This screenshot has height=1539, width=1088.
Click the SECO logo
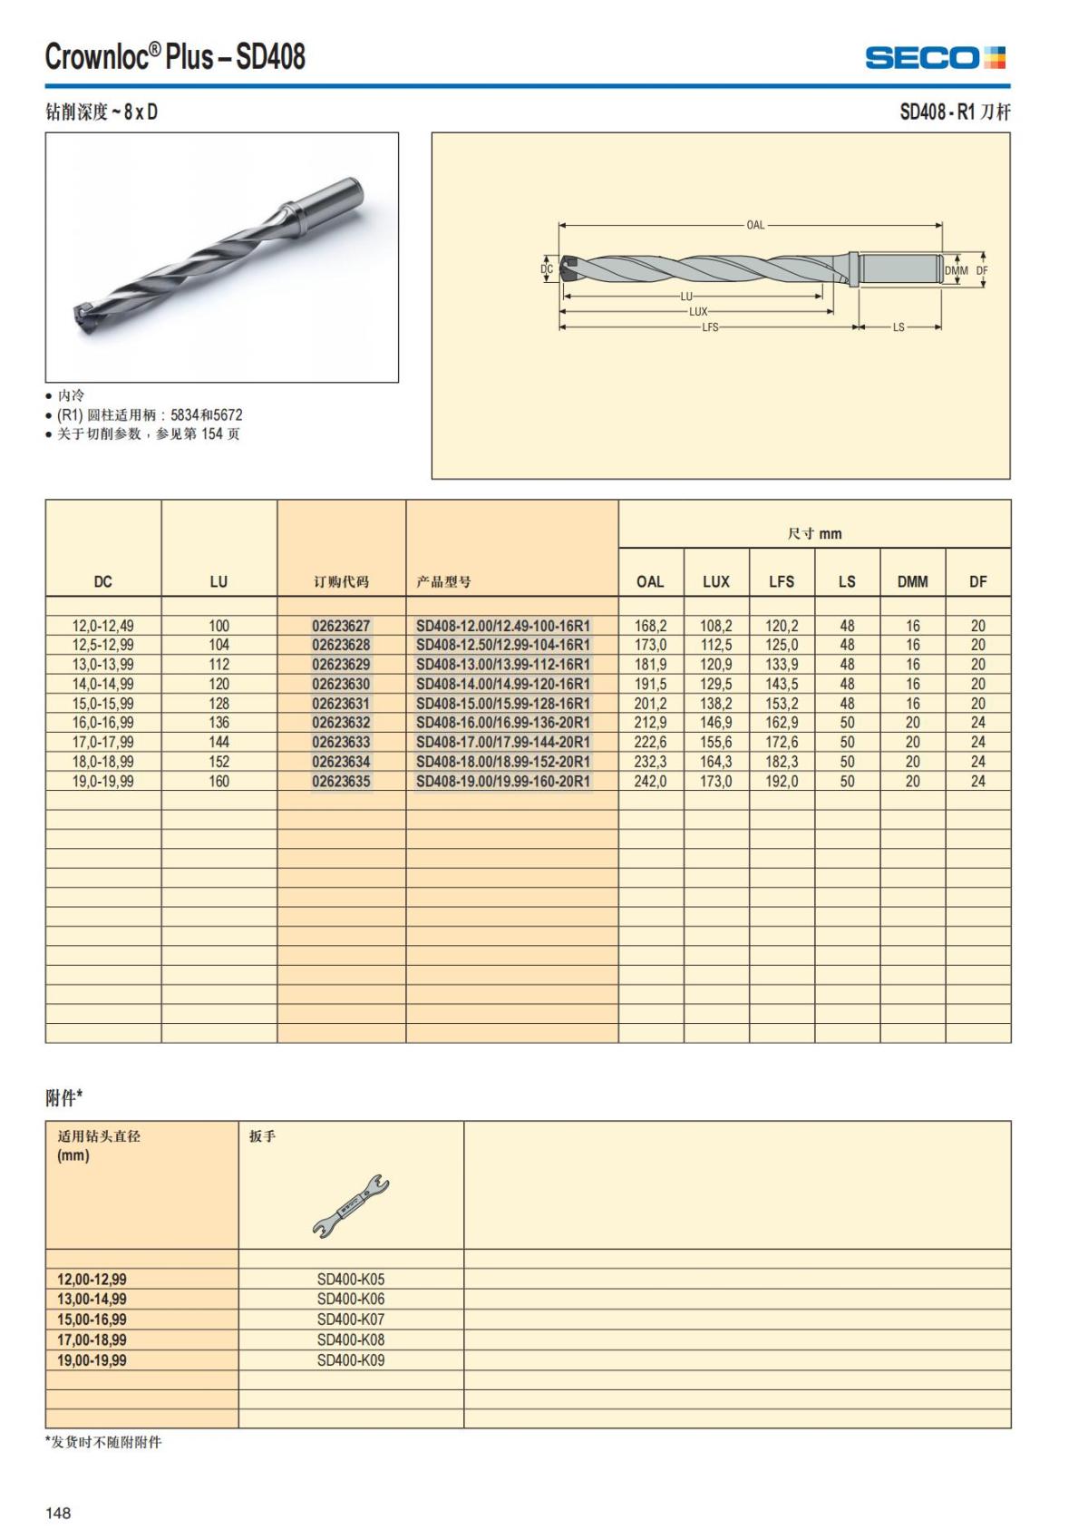(x=935, y=58)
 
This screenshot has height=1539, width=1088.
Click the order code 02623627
(x=341, y=626)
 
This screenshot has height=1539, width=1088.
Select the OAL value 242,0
(x=650, y=781)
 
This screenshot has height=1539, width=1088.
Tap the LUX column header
(x=716, y=581)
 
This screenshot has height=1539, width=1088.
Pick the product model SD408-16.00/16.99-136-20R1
(x=503, y=723)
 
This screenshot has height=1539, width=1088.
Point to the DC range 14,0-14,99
(x=103, y=684)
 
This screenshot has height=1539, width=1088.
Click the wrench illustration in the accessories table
(x=351, y=1206)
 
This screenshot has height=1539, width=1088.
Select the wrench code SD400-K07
(x=351, y=1320)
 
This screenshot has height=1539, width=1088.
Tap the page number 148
(x=58, y=1513)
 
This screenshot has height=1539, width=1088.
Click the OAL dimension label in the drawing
(x=755, y=225)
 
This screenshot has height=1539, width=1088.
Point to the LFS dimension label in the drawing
(x=710, y=327)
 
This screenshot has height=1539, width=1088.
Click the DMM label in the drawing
(x=957, y=270)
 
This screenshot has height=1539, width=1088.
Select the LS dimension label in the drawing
(x=899, y=327)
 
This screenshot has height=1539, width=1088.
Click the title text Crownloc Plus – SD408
(x=176, y=57)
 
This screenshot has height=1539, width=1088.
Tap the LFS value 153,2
(x=782, y=704)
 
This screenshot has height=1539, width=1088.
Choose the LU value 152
(x=219, y=762)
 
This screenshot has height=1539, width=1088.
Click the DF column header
(x=977, y=581)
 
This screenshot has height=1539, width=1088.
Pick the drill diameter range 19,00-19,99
(x=92, y=1360)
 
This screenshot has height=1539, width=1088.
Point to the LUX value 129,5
(x=716, y=684)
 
